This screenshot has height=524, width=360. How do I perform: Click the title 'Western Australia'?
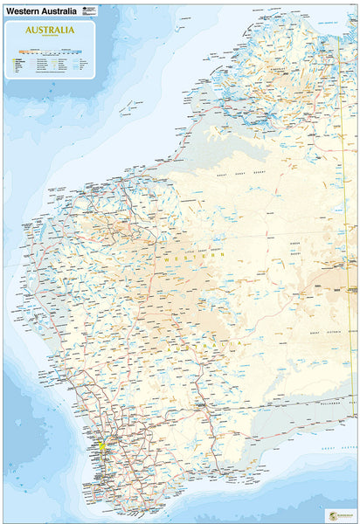[x=38, y=10]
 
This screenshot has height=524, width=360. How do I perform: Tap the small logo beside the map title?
[x=86, y=10]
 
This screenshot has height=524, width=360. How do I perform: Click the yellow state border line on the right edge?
[x=347, y=262]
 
